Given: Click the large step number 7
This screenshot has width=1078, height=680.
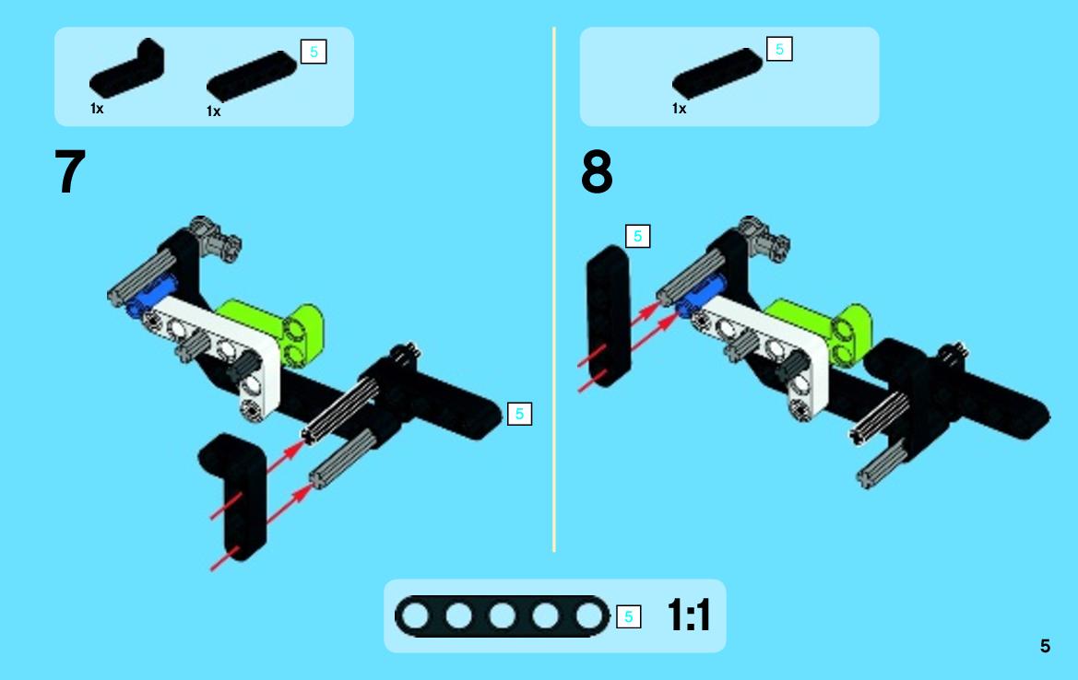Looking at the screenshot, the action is point(69,171).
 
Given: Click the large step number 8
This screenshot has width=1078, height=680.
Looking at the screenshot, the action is point(596,171).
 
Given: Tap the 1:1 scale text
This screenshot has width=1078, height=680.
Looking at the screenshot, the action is point(688,615).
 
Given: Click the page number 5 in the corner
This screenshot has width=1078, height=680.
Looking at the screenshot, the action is point(1045,646).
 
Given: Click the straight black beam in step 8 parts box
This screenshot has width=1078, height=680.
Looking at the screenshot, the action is point(717,73).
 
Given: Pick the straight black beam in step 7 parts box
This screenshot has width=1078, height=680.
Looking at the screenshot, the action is point(252,76).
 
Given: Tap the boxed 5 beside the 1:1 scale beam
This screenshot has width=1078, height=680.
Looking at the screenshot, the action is point(628,616).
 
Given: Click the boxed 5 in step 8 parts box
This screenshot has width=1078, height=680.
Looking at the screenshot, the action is point(779,49).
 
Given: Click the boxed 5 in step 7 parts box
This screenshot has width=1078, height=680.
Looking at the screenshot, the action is point(314,52).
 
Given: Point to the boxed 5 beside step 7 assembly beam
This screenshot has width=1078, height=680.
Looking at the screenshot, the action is point(519,414).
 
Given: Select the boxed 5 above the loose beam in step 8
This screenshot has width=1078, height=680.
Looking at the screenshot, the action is point(637,236).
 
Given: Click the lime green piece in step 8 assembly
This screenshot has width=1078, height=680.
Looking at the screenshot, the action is point(835,327).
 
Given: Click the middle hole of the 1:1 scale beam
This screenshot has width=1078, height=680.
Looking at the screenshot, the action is point(502,616).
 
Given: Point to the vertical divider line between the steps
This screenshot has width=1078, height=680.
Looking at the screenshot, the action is point(553,288).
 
